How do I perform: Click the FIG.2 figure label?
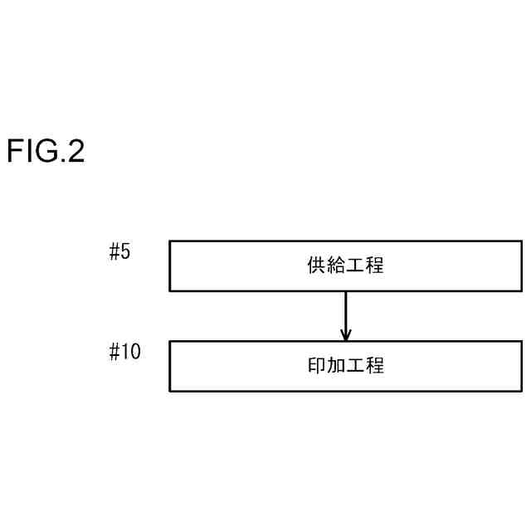point(46,152)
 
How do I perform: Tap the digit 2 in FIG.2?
point(76,152)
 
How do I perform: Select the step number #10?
point(125,352)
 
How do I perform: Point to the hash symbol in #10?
point(115,352)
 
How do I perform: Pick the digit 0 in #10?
point(135,352)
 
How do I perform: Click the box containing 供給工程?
point(346,266)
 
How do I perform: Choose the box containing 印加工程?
point(346,366)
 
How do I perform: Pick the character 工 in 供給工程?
point(356,266)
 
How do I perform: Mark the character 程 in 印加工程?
point(376,366)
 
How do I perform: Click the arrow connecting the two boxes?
point(346,315)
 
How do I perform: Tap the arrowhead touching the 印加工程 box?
point(346,335)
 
